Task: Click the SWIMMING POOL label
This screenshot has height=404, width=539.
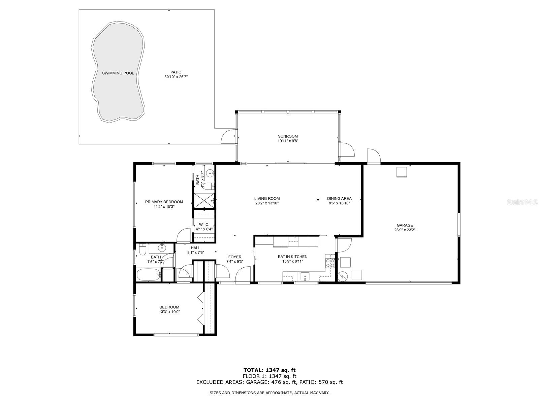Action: [118, 73]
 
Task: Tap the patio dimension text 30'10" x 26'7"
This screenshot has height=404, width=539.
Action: [176, 77]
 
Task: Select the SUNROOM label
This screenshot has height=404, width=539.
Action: [288, 136]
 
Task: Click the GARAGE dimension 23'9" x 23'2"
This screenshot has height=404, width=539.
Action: [405, 230]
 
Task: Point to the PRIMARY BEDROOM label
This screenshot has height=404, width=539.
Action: [164, 202]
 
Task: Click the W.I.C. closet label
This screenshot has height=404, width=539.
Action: [204, 225]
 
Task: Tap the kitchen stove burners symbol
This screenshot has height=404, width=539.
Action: [330, 263]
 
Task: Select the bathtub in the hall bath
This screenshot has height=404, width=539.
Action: [149, 275]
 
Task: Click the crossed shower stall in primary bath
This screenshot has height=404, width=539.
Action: [204, 200]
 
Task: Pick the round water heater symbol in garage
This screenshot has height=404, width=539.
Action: [343, 276]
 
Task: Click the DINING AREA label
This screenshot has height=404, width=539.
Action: [339, 199]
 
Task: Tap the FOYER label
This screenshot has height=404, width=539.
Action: [235, 257]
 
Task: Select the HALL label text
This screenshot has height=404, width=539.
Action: [195, 248]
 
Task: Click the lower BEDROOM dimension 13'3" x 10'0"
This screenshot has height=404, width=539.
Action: [169, 312]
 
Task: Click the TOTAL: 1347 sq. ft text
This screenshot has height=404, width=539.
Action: [269, 370]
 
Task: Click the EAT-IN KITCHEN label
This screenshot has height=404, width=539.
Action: [292, 257]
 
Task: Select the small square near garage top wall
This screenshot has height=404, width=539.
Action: [402, 172]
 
